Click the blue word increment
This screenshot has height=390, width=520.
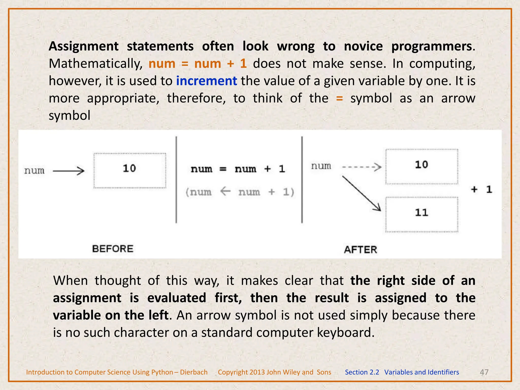pyautogui.click(x=206, y=81)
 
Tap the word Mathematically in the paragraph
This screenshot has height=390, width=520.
pyautogui.click(x=95, y=64)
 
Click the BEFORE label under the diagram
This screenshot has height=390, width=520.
pyautogui.click(x=112, y=249)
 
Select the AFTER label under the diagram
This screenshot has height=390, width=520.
pyautogui.click(x=360, y=250)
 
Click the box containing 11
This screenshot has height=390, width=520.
pyautogui.click(x=421, y=214)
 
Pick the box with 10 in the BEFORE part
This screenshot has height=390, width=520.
pyautogui.click(x=129, y=170)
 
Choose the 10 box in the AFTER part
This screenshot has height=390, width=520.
pyautogui.click(x=421, y=166)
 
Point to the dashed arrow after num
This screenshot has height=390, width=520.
pyautogui.click(x=362, y=167)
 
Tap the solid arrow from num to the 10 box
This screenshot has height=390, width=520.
pyautogui.click(x=69, y=171)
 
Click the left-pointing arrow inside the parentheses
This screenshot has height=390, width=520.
pyautogui.click(x=225, y=191)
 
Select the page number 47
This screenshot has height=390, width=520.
pyautogui.click(x=484, y=372)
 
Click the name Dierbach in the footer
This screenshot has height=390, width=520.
pyautogui.click(x=194, y=372)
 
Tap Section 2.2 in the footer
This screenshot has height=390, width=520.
pyautogui.click(x=362, y=372)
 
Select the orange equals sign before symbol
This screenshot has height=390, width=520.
pyautogui.click(x=339, y=98)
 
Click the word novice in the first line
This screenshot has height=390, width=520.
pyautogui.click(x=363, y=46)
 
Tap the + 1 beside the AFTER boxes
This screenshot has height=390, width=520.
pyautogui.click(x=481, y=189)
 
